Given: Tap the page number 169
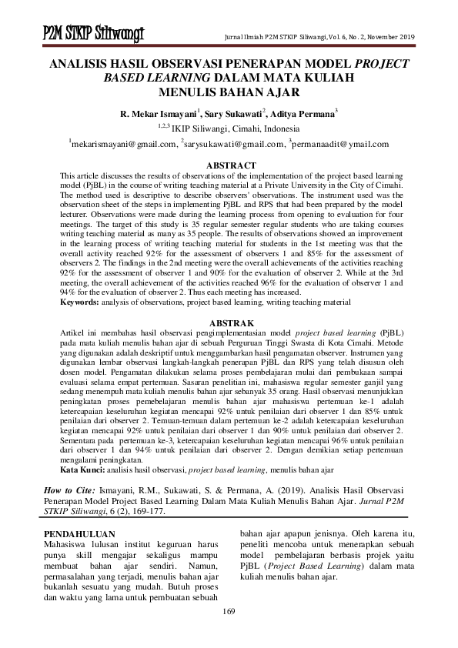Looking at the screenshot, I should [228, 611].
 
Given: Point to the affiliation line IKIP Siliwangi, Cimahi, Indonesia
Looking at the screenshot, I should [236, 129].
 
